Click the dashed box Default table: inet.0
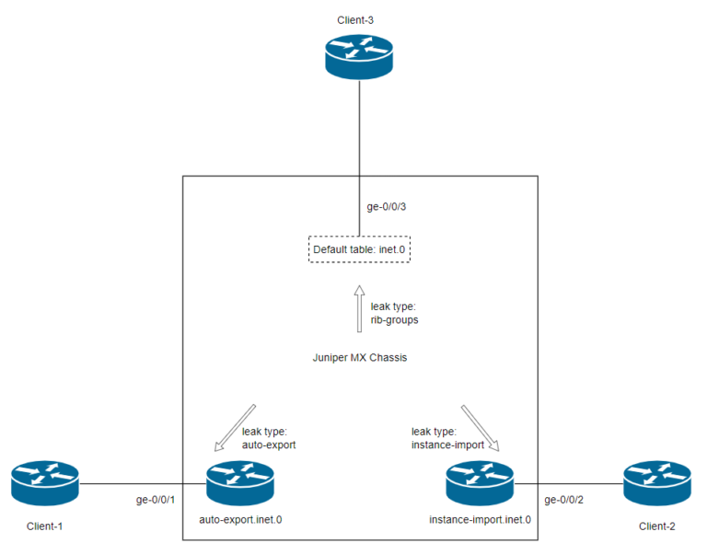pyautogui.click(x=358, y=249)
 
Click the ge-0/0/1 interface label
pyautogui.click(x=155, y=500)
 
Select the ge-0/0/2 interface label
pyautogui.click(x=564, y=500)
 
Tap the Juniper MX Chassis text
pyautogui.click(x=359, y=357)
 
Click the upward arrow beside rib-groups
pyautogui.click(x=358, y=309)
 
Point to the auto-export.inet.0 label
pyautogui.click(x=240, y=520)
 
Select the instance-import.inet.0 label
pyautogui.click(x=480, y=520)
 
